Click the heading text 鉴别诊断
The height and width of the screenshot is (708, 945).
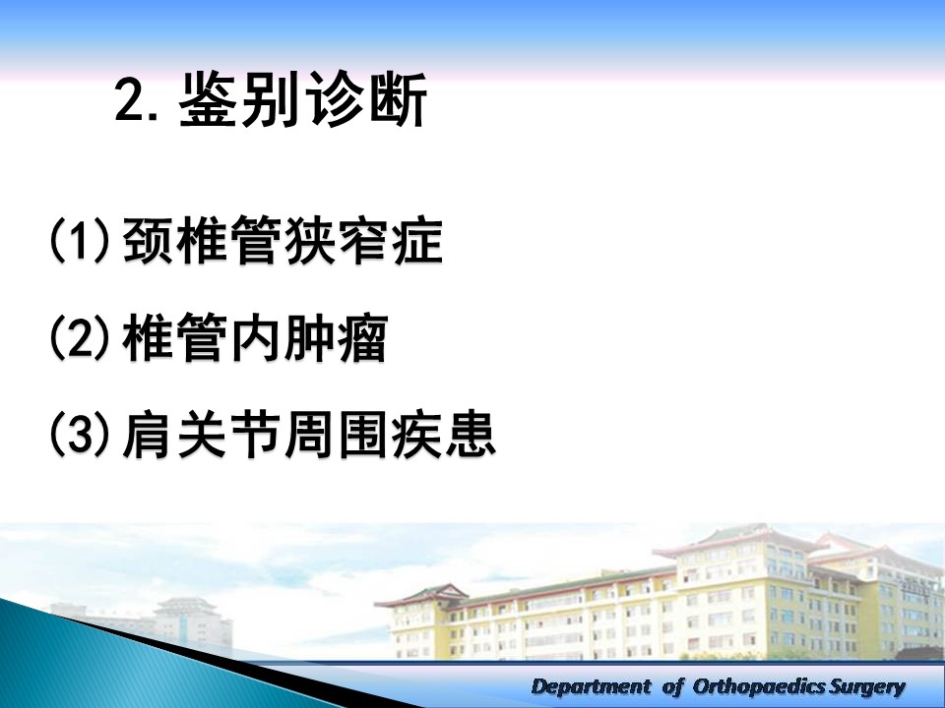coord(303,98)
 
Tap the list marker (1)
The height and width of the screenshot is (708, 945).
coord(80,240)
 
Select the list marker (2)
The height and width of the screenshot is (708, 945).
coord(80,337)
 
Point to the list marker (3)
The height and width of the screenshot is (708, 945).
coord(80,434)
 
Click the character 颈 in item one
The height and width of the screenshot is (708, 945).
coord(149,240)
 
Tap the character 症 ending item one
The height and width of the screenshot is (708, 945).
coord(417,240)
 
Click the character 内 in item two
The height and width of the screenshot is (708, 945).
coord(256,337)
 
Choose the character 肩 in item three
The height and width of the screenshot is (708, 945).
coord(147,435)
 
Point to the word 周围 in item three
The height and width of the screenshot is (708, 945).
coord(335,435)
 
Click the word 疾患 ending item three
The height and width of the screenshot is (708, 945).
coord(443,435)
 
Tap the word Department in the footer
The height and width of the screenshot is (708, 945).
coord(592,686)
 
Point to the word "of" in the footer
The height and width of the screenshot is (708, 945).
coord(673,686)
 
